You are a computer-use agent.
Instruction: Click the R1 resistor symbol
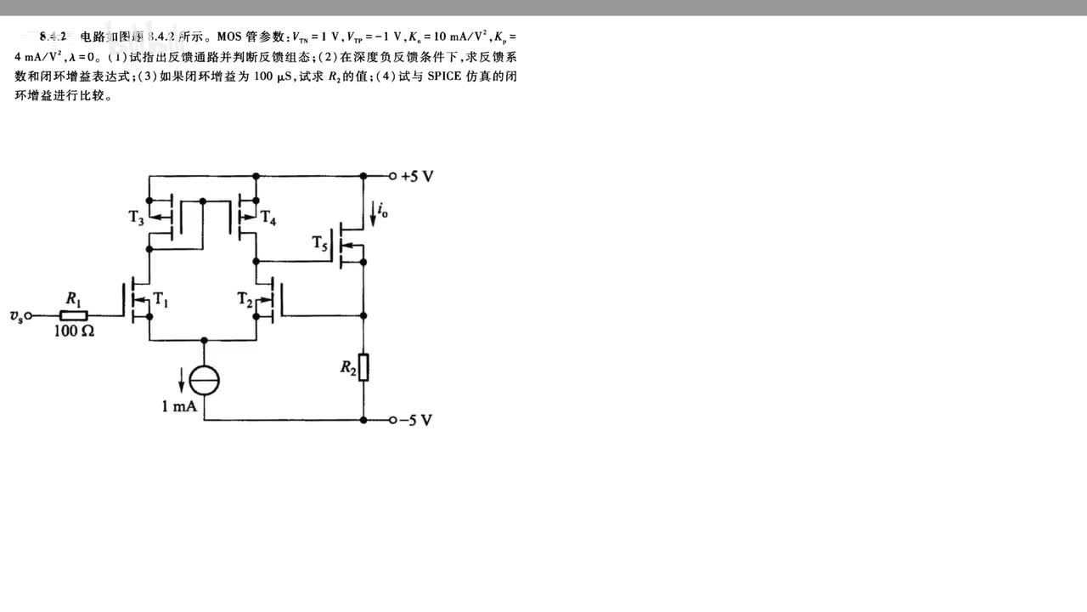[x=75, y=315]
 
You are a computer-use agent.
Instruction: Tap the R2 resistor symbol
[x=363, y=367]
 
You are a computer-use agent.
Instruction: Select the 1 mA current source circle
[x=204, y=379]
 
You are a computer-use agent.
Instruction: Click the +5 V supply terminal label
[x=417, y=177]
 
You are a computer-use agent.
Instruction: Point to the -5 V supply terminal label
[x=417, y=420]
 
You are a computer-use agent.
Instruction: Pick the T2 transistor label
[x=245, y=298]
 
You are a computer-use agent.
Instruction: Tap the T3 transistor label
[x=137, y=218]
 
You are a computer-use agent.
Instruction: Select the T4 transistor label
[x=268, y=218]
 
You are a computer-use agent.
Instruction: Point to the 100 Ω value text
[x=75, y=331]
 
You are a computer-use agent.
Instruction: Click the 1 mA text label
[x=179, y=406]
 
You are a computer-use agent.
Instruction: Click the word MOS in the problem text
[x=229, y=37]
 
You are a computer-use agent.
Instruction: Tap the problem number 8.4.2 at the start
[x=53, y=37]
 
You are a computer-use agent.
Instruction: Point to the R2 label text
[x=347, y=367]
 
